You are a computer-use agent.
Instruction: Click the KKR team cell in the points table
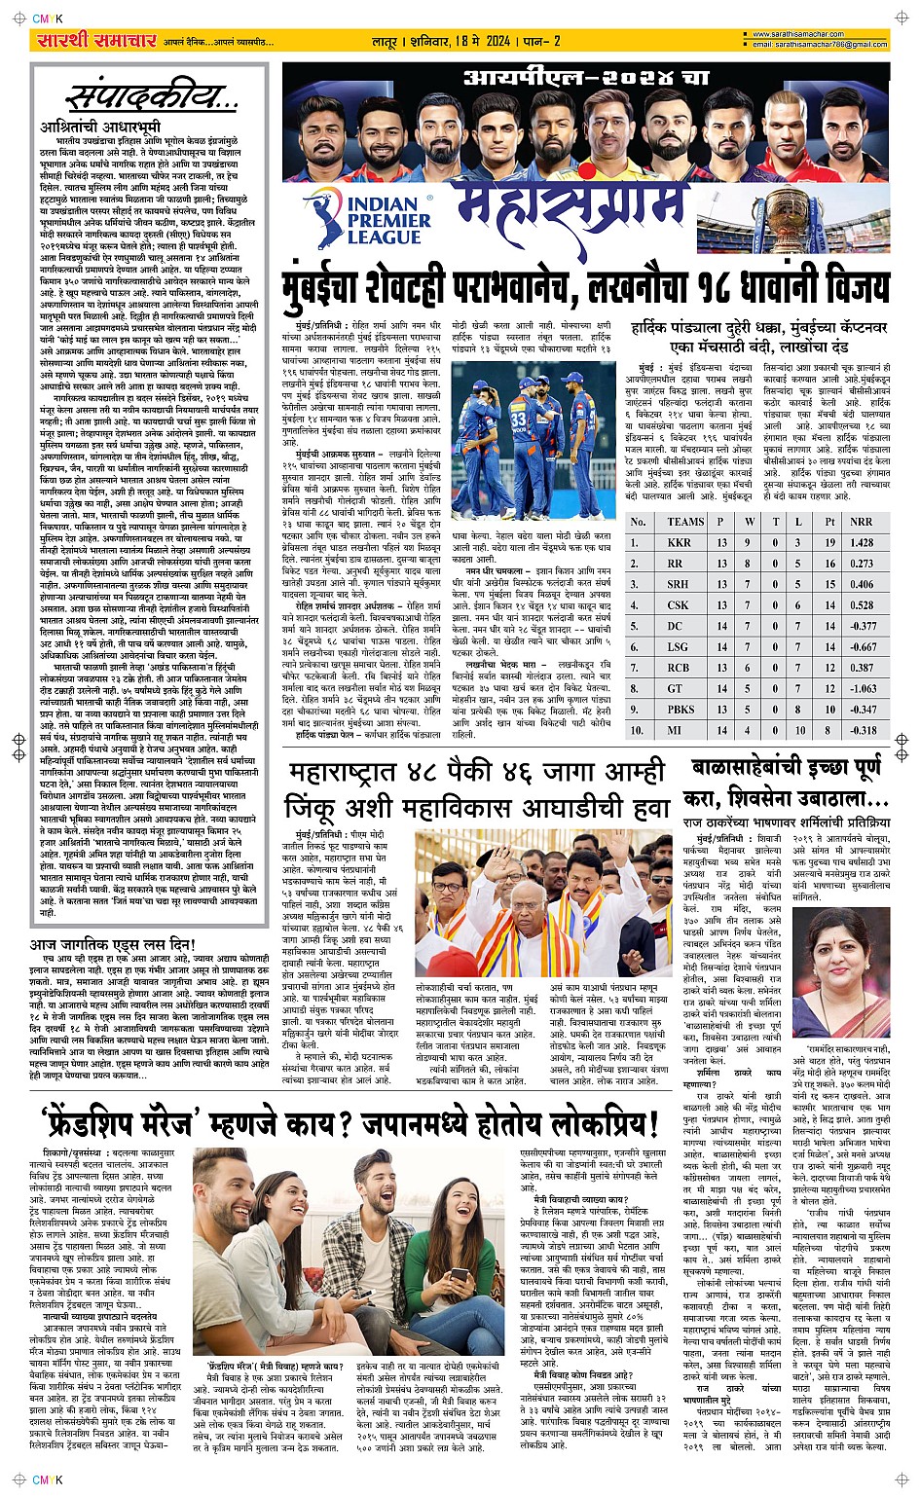pos(679,542)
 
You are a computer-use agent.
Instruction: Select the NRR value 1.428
pos(862,542)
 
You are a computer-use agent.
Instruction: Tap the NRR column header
pos(861,522)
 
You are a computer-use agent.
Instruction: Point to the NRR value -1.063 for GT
pos(862,688)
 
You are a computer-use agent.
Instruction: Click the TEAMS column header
pos(685,522)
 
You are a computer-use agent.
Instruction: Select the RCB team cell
pos(679,668)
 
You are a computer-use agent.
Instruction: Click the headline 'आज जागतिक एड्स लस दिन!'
pos(113,945)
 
